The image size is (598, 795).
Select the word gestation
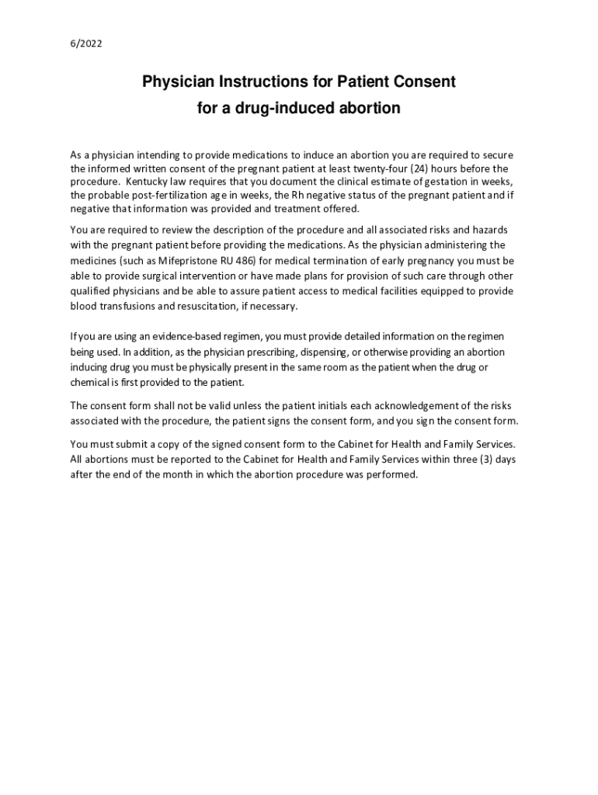pos(445,181)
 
